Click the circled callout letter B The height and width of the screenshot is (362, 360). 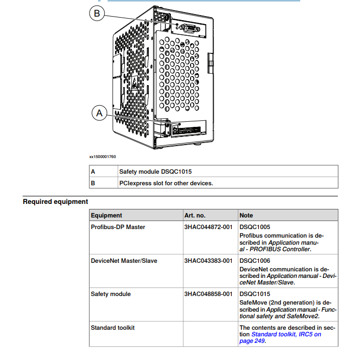97,14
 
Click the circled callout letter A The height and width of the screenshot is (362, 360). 99,113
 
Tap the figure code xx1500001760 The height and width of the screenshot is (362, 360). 102,157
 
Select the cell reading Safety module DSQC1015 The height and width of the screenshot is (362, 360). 155,171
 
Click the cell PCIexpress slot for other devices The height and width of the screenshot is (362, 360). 166,183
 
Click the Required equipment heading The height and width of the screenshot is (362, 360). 55,202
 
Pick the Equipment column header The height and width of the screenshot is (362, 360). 106,215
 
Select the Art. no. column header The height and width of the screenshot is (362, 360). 195,215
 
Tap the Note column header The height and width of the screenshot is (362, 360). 246,215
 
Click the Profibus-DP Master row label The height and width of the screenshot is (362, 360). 118,227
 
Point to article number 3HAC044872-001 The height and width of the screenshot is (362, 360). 208,227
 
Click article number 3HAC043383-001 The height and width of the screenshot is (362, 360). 208,261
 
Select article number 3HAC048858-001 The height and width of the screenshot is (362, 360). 208,294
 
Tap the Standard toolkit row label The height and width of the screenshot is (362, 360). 113,328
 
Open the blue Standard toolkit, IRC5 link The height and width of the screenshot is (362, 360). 286,334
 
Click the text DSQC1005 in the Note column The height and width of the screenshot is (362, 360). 254,227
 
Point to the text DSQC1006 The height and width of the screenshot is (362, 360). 254,261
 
